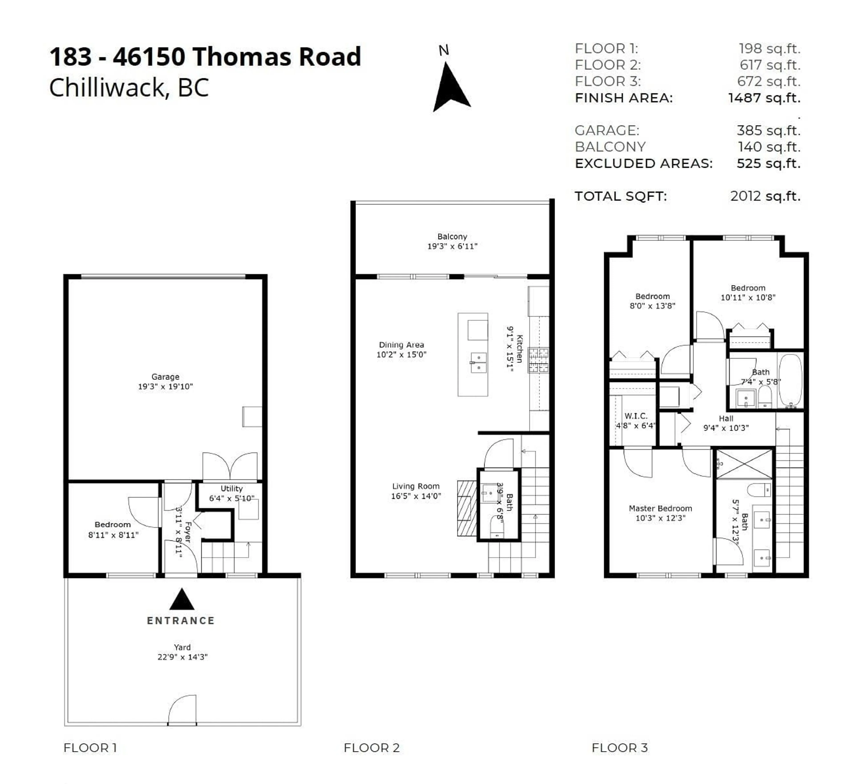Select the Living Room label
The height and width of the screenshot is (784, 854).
pos(415,486)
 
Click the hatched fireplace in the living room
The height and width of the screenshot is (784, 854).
pos(467,508)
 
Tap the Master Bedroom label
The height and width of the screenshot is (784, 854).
pos(660,508)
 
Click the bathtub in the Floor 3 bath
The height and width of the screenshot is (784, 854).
pos(790,381)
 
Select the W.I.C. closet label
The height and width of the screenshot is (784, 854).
pos(636,416)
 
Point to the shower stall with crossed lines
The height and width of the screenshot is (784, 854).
pos(744,464)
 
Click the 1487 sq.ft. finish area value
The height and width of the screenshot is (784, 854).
pos(764,98)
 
